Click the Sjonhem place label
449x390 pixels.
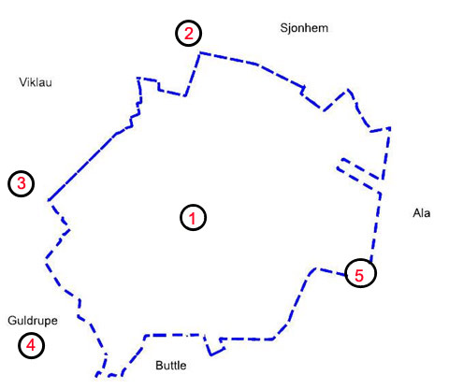[304, 28]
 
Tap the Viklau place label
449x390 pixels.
[36, 82]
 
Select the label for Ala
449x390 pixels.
[422, 213]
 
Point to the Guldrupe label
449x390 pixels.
[33, 321]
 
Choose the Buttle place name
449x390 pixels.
[171, 366]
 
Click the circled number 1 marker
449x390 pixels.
[193, 218]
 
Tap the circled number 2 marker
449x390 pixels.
[189, 34]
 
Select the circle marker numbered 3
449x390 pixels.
[21, 183]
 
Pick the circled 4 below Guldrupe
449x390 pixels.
[31, 345]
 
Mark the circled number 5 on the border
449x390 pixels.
[360, 273]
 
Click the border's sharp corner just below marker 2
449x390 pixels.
[200, 53]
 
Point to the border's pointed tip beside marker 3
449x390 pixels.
[49, 200]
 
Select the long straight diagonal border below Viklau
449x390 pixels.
[81, 167]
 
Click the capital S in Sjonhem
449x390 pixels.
[283, 28]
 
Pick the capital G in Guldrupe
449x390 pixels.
[12, 320]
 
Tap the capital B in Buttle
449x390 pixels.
[159, 365]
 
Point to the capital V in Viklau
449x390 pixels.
[23, 82]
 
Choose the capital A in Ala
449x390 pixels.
[417, 213]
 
